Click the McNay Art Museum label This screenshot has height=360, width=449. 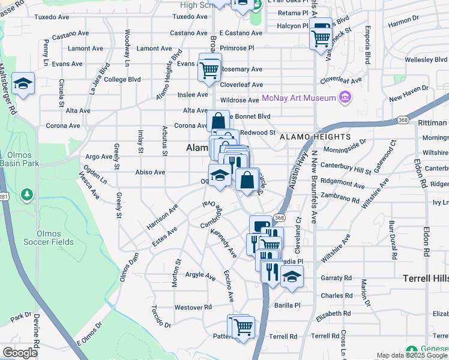[298, 97]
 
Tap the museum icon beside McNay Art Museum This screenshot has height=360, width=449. [345, 97]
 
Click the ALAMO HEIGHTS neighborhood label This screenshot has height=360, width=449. [315, 137]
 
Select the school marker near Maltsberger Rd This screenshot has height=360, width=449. [23, 83]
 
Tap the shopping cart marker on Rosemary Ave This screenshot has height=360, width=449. [209, 69]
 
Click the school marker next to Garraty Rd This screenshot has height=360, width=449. [292, 277]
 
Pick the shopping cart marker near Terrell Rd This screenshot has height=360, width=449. [243, 327]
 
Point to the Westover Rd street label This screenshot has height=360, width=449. [194, 307]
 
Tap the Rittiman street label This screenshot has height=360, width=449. [432, 123]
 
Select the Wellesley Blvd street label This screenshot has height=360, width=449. [426, 60]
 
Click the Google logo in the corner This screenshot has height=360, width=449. [20, 353]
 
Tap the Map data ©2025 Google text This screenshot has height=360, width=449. [411, 356]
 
